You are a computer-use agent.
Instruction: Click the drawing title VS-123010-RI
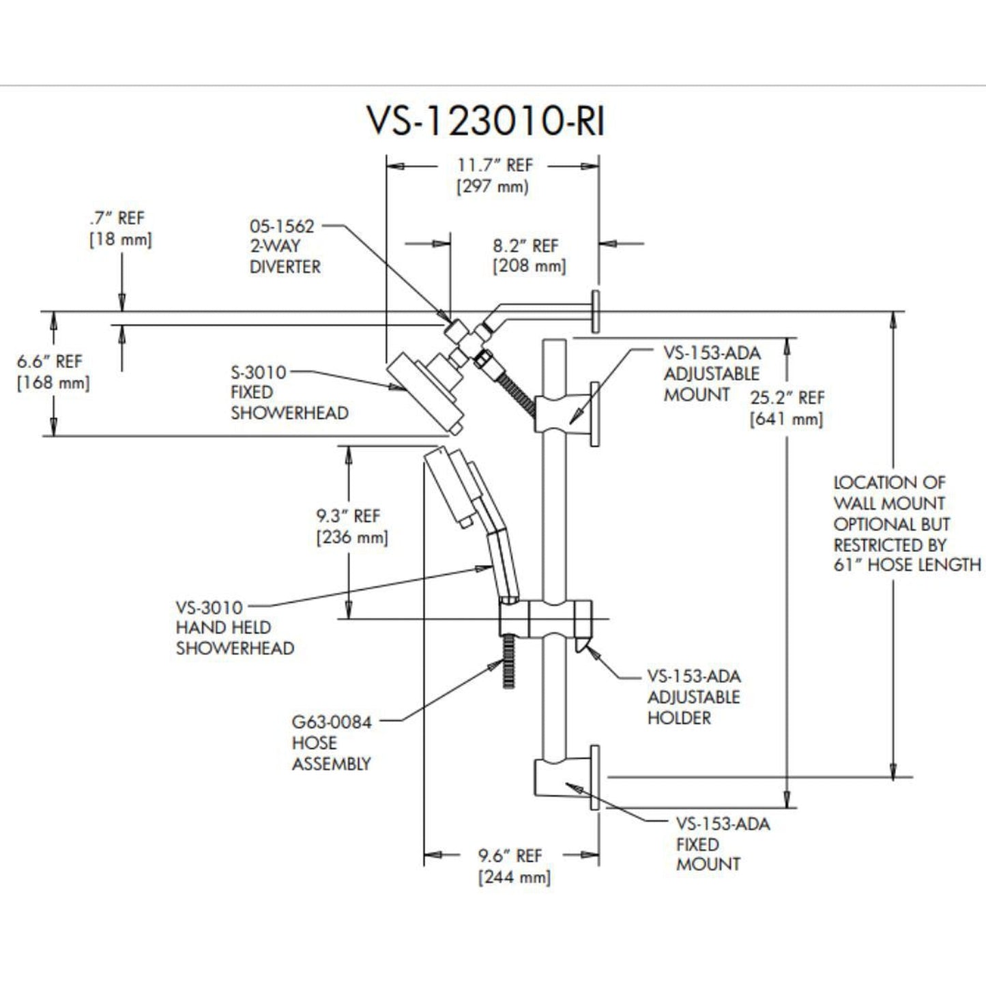tap(486, 121)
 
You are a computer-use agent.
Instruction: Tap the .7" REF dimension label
tap(120, 229)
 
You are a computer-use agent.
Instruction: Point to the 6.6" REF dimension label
tap(52, 372)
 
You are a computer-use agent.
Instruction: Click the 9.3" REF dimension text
tap(351, 526)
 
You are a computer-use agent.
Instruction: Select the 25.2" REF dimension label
tap(787, 408)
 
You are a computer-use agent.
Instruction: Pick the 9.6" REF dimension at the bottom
tap(513, 866)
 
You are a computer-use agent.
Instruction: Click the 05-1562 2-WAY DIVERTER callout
tap(285, 246)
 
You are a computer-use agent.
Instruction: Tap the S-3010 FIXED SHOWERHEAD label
tap(289, 392)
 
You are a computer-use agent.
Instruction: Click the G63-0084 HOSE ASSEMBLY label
tap(332, 742)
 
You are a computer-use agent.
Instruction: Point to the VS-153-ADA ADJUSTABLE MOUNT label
tap(711, 373)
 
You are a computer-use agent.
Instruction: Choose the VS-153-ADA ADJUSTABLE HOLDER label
tap(693, 697)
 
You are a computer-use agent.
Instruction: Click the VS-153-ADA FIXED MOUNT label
tap(722, 844)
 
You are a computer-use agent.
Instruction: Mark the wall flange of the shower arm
tap(595, 311)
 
